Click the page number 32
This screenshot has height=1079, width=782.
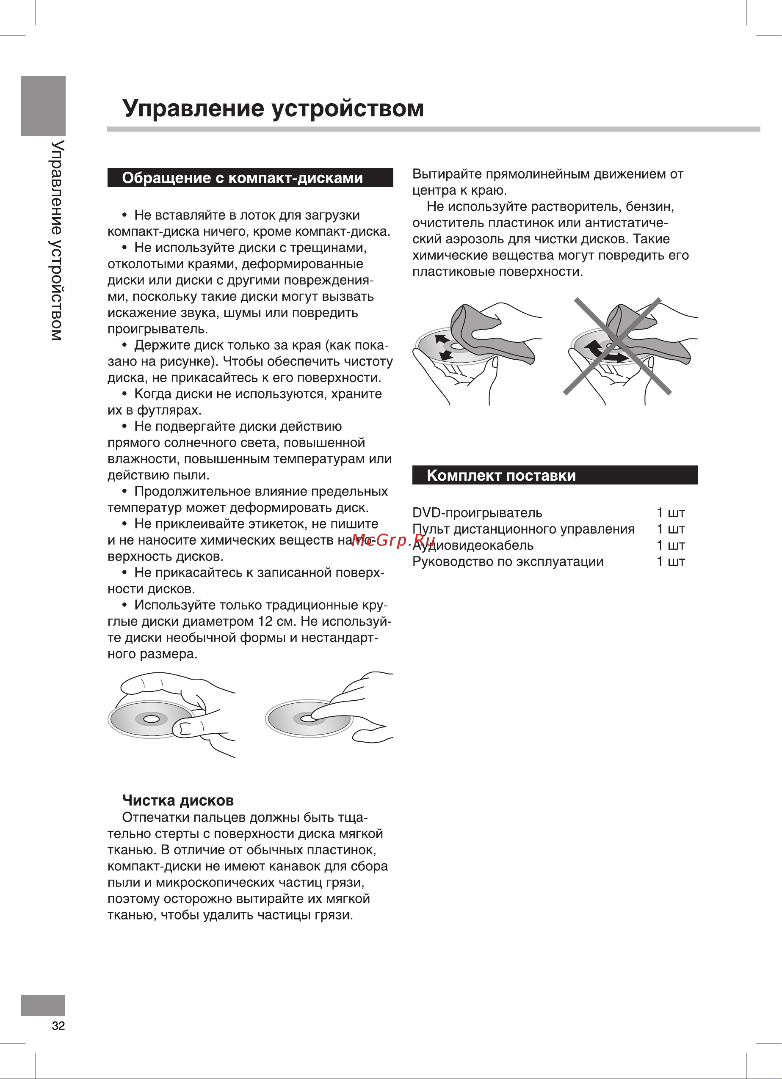(x=58, y=1025)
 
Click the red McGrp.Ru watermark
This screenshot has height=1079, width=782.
(x=393, y=540)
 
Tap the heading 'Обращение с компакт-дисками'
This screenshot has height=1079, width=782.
(x=242, y=178)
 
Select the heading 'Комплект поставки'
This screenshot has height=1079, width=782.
(x=501, y=475)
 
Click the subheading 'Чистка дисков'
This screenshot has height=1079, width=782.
(x=178, y=800)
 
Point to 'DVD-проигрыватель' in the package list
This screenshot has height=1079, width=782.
(x=477, y=513)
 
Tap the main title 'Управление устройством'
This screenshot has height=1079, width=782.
(x=273, y=108)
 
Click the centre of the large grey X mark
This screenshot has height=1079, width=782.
(x=617, y=346)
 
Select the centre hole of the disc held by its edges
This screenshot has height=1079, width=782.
(x=151, y=718)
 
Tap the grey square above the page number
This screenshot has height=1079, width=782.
(x=43, y=1005)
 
